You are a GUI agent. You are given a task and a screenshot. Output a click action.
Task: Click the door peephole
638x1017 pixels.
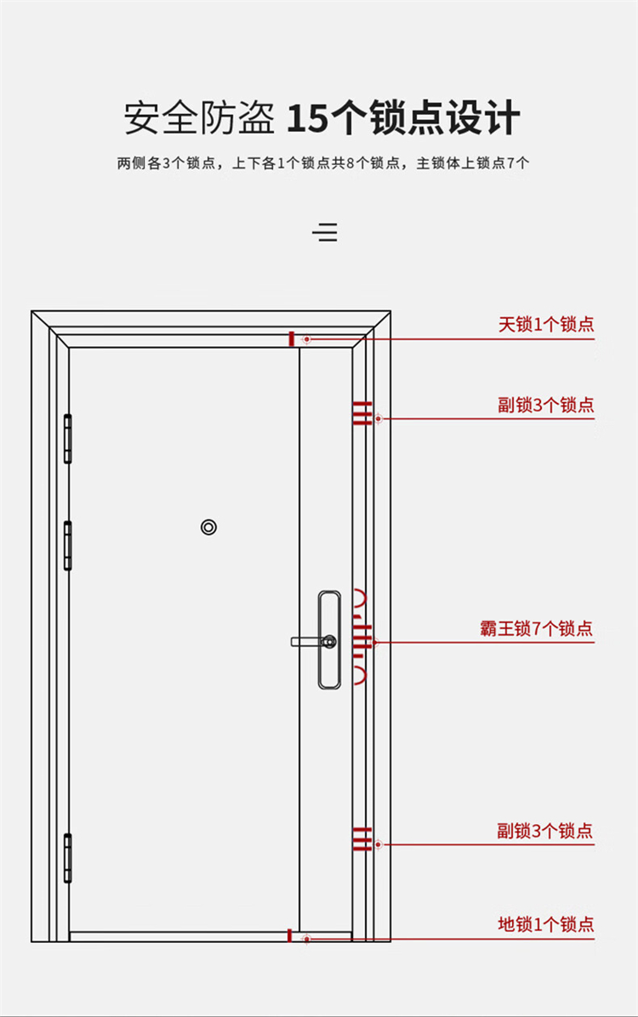click(208, 526)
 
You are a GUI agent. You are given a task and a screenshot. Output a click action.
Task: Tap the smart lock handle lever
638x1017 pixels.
click(306, 641)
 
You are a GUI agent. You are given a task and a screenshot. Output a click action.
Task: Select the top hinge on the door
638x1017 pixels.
click(67, 439)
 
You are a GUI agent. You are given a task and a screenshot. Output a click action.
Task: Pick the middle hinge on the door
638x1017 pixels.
click(67, 545)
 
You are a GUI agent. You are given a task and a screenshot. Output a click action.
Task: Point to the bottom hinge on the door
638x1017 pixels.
click(67, 858)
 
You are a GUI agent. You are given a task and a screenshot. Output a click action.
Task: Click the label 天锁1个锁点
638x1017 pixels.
click(546, 324)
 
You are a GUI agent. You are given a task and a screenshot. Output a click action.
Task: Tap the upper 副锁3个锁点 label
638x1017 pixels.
click(546, 405)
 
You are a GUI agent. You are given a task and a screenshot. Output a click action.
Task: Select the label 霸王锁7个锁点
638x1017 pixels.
click(536, 628)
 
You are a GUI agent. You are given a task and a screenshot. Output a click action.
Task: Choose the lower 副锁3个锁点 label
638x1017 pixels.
click(545, 830)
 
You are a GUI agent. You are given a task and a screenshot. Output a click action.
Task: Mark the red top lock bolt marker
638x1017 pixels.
click(292, 338)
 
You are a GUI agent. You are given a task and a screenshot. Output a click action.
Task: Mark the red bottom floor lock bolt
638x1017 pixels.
click(290, 935)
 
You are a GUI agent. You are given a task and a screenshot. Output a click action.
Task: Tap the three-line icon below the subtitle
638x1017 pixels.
click(325, 232)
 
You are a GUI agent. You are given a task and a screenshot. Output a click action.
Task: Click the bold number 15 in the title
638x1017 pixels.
click(308, 119)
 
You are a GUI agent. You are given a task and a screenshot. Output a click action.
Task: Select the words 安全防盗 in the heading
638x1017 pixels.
click(199, 118)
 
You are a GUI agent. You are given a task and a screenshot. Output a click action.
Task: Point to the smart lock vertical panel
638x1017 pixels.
click(329, 639)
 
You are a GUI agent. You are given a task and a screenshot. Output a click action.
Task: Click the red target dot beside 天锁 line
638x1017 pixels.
click(306, 339)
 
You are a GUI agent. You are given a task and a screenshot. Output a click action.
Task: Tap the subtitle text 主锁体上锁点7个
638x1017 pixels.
click(472, 162)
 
